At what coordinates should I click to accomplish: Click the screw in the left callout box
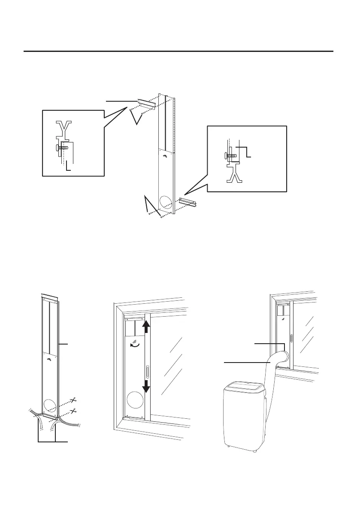tap(63, 148)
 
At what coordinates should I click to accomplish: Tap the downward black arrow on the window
tap(146, 385)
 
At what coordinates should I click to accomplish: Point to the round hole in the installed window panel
tap(133, 401)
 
